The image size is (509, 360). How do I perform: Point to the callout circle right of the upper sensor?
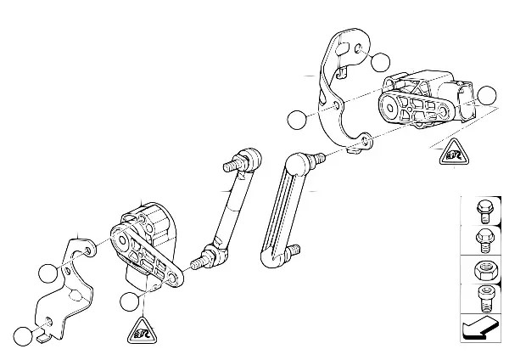486,96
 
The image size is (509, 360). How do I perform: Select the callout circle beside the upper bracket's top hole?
380,61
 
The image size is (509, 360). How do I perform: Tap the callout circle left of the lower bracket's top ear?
48,273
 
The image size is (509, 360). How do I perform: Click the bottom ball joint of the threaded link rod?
210,252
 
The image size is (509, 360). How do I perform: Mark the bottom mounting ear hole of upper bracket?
362,143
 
